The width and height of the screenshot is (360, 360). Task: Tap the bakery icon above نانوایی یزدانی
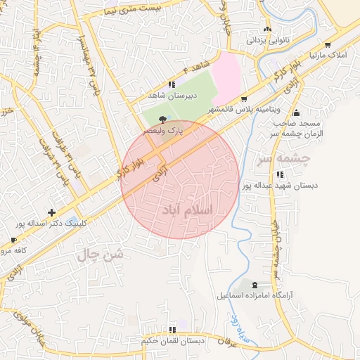(x=267, y=29)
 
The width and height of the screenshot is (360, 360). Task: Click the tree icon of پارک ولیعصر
(x=164, y=120)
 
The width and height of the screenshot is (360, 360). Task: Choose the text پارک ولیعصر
(x=163, y=131)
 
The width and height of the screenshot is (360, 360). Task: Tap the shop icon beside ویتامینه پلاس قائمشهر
(x=244, y=99)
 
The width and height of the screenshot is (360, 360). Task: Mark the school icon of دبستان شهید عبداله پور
(x=280, y=174)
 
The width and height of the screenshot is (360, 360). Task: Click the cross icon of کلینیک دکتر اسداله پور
(x=51, y=212)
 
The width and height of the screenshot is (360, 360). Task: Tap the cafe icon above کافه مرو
(x=13, y=240)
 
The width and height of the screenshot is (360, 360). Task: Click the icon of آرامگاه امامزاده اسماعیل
(x=254, y=285)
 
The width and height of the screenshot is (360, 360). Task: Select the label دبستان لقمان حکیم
(x=172, y=341)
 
